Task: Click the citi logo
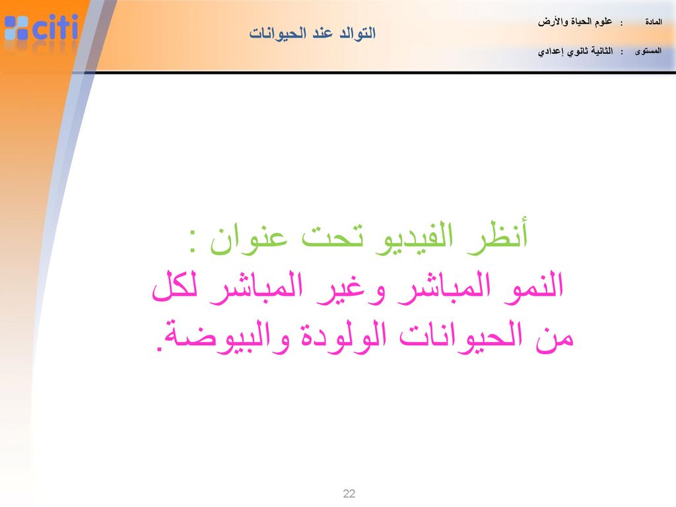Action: click(x=42, y=27)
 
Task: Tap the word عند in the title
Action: click(x=322, y=33)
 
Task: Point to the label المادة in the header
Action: click(x=654, y=22)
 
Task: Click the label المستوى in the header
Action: click(x=648, y=51)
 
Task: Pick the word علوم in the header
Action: click(x=603, y=22)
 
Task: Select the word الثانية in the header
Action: click(x=601, y=51)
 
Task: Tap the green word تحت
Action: click(x=332, y=238)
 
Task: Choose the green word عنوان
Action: click(x=249, y=240)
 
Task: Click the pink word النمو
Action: click(x=533, y=287)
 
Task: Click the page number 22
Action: click(x=349, y=494)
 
